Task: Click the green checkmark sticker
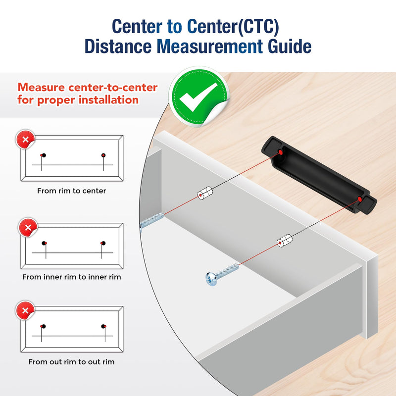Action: [199, 97]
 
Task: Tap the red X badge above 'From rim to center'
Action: [25, 139]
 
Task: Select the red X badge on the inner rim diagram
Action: [28, 227]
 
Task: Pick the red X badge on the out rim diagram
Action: [25, 310]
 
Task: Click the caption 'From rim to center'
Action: [71, 191]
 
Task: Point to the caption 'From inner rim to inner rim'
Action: [71, 277]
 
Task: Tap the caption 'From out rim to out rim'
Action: [71, 362]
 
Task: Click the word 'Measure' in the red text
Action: [41, 88]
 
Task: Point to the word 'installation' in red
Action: [108, 100]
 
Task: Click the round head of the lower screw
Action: [211, 279]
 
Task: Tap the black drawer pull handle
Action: [319, 175]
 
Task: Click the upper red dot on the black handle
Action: [280, 152]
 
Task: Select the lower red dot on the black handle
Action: [360, 199]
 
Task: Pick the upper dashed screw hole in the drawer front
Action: [205, 193]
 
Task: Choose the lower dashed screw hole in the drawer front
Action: [284, 241]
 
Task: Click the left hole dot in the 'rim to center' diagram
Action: [44, 155]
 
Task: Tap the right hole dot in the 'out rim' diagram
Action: [103, 326]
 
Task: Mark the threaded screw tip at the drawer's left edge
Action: [151, 220]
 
